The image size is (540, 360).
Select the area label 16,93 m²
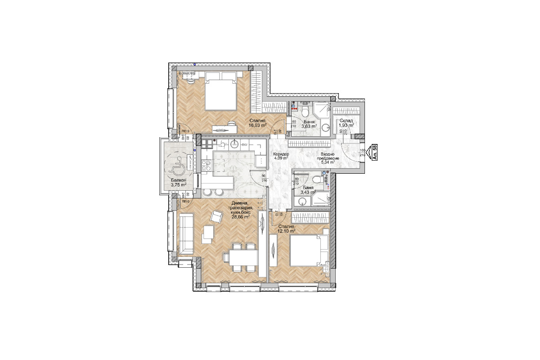pos(258,126)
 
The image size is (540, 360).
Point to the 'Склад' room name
pos(346,120)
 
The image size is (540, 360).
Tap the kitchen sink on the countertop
pos(234,144)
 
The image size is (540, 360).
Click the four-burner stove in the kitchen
pos(207,144)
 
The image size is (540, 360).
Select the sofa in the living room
pos(186,234)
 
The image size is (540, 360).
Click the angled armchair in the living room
pos(216,218)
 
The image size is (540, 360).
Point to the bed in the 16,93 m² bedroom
pos(221,94)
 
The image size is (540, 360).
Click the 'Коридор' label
pos(281,154)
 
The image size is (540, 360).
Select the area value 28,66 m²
pos(241,216)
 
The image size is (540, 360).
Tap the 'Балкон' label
pos(179,179)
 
